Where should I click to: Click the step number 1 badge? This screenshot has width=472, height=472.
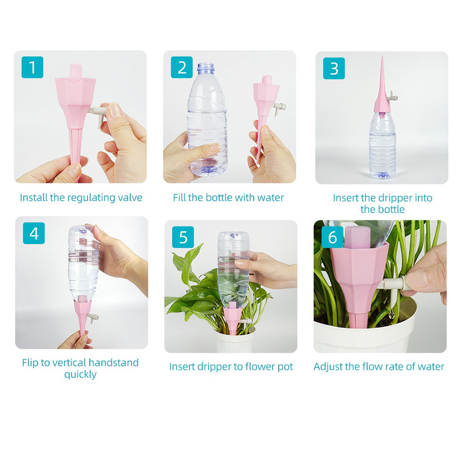pos(33,67)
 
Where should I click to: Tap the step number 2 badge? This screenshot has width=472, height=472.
pos(182,67)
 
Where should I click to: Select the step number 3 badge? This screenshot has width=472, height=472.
pos(334,68)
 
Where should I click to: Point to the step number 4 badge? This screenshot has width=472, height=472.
pos(34,233)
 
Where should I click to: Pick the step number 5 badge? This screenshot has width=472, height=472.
pos(183,237)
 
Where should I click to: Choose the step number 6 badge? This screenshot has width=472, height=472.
pos(332,237)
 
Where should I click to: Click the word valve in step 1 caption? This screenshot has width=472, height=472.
pos(130,198)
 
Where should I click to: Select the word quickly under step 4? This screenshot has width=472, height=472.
pos(81,375)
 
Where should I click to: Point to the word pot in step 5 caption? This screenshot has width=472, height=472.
pos(285,367)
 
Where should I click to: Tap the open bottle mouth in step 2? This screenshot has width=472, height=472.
pos(206,67)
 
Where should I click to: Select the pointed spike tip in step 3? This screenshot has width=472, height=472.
pos(382,57)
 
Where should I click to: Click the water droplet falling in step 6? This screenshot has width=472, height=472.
pos(391,314)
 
